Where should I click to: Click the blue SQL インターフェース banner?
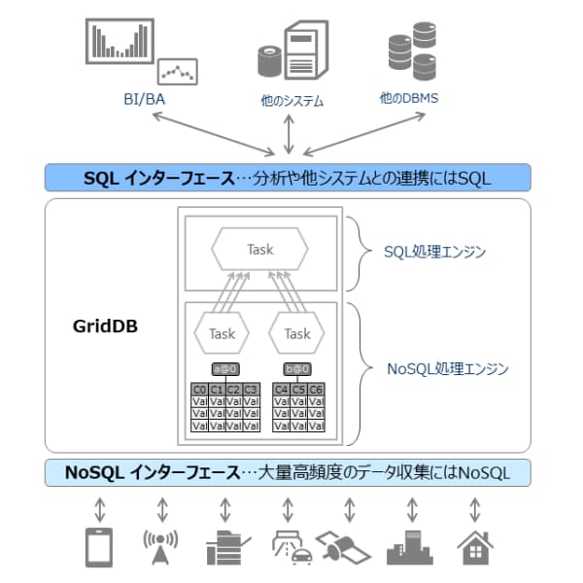point(288,177)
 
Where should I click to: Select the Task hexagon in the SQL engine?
point(260,250)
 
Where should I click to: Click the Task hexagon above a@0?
point(223,334)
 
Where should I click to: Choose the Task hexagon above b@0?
point(297,334)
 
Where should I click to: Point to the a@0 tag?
point(224,369)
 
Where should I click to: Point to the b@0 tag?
point(297,369)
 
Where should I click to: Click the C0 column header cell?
point(199,390)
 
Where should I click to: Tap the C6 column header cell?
point(316,390)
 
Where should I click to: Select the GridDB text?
point(105,327)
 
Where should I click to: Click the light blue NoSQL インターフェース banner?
point(288,473)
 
